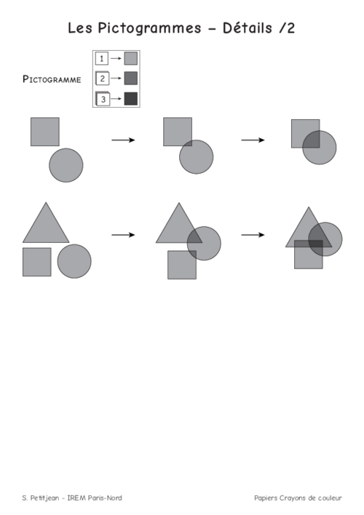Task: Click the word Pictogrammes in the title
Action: click(149, 28)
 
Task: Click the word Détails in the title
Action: click(248, 28)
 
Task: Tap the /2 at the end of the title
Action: click(287, 28)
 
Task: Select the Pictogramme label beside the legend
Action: click(52, 79)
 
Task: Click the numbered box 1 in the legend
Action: click(102, 58)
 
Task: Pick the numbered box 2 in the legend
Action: click(102, 78)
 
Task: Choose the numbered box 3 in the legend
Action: click(103, 98)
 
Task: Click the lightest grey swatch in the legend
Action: click(130, 58)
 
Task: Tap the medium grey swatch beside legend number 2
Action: click(130, 78)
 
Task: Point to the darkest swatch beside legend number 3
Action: click(130, 98)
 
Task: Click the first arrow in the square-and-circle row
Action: click(123, 140)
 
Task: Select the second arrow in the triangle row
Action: click(253, 235)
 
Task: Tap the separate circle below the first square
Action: click(66, 165)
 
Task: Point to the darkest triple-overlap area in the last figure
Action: click(316, 244)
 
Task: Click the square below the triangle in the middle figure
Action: click(182, 265)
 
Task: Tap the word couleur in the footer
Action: click(330, 498)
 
